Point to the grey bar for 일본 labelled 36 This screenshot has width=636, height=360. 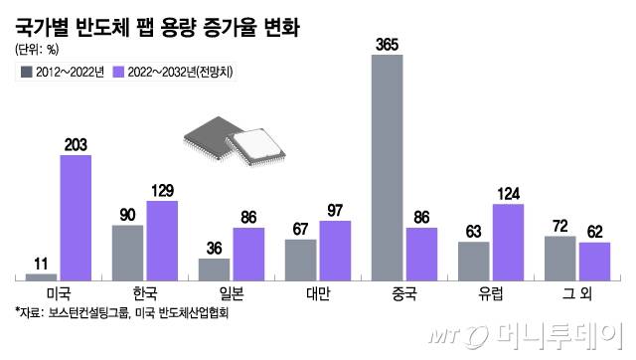pyautogui.click(x=215, y=270)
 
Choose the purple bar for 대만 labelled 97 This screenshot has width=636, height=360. pyautogui.click(x=335, y=250)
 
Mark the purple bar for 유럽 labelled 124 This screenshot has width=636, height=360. pyautogui.click(x=508, y=242)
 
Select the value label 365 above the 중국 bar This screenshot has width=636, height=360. pyautogui.click(x=387, y=44)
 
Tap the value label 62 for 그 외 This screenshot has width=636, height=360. pyautogui.click(x=593, y=232)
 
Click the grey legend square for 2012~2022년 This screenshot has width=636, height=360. pyautogui.click(x=24, y=72)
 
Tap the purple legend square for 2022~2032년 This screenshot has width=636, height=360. pyautogui.click(x=119, y=72)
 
